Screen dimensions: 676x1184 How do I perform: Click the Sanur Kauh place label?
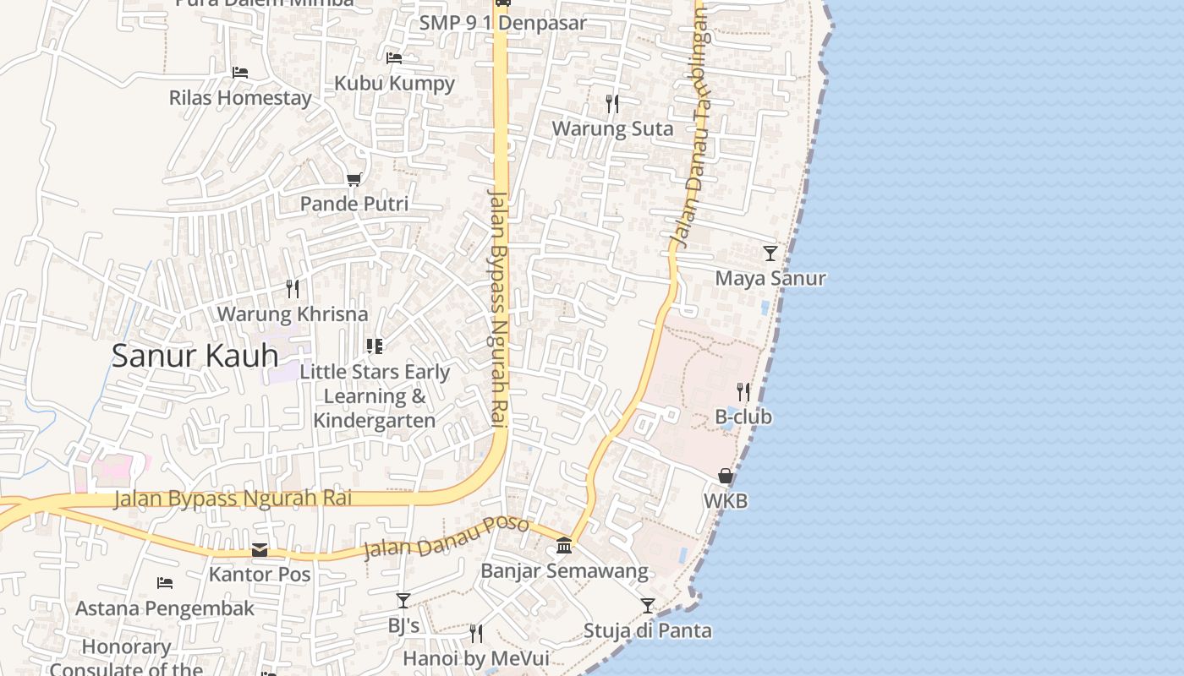pyautogui.click(x=195, y=356)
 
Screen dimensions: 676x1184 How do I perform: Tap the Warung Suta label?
pyautogui.click(x=612, y=128)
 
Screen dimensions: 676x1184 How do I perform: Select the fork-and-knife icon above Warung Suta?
pyautogui.click(x=612, y=103)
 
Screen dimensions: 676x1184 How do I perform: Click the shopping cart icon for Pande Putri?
pyautogui.click(x=354, y=179)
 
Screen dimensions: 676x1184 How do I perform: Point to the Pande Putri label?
pyautogui.click(x=354, y=204)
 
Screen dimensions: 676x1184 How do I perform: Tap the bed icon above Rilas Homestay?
pyautogui.click(x=240, y=73)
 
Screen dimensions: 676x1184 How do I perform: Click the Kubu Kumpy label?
pyautogui.click(x=394, y=83)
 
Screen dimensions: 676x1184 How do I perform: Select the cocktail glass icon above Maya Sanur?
pyautogui.click(x=770, y=253)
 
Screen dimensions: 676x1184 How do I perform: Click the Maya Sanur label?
pyautogui.click(x=770, y=278)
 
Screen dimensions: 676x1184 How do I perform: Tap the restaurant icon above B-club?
pyautogui.click(x=743, y=391)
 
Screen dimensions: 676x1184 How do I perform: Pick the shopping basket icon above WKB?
pyautogui.click(x=726, y=476)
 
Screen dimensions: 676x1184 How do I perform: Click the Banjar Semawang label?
pyautogui.click(x=564, y=571)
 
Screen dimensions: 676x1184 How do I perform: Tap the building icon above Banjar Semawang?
pyautogui.click(x=564, y=547)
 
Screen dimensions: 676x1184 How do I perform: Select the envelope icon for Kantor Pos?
pyautogui.click(x=260, y=550)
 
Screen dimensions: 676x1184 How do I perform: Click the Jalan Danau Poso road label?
pyautogui.click(x=446, y=538)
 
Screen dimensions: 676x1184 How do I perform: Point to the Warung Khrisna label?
pyautogui.click(x=293, y=314)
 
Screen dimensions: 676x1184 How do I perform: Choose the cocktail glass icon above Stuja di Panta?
pyautogui.click(x=648, y=606)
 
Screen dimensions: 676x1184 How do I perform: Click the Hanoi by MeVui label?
pyautogui.click(x=476, y=658)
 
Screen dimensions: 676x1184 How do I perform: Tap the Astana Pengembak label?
pyautogui.click(x=165, y=608)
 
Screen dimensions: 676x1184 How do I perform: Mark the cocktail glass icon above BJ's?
pyautogui.click(x=403, y=601)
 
